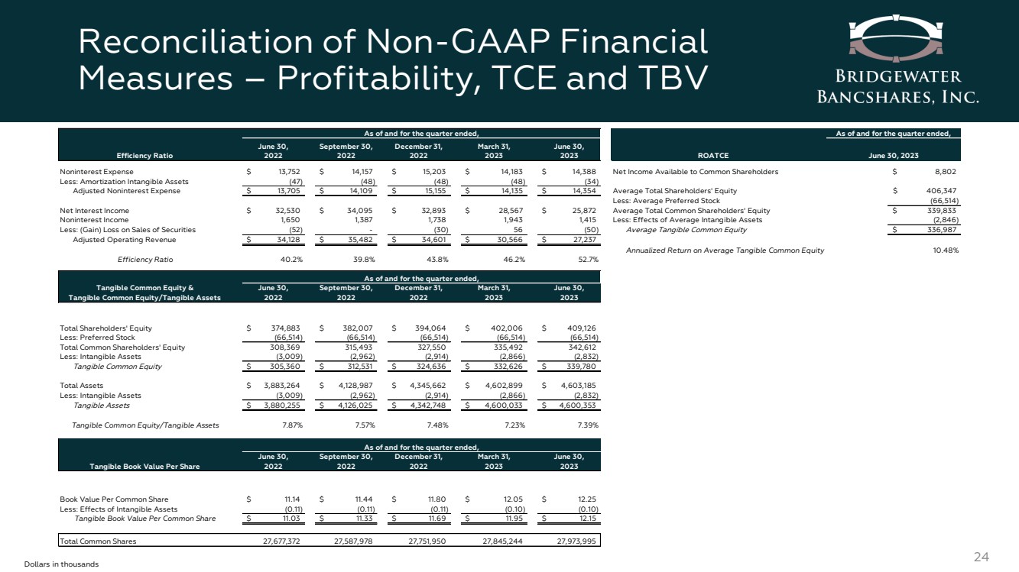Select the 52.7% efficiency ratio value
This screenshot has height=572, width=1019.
[x=585, y=260]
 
